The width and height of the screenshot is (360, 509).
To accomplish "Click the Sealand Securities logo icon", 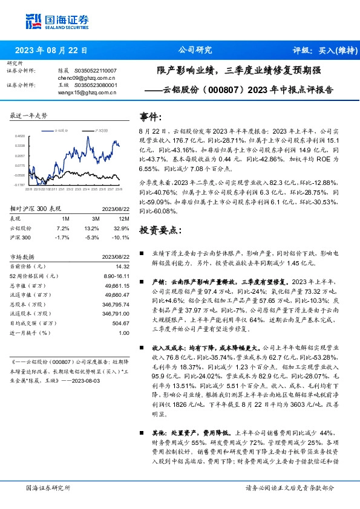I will point(34,20).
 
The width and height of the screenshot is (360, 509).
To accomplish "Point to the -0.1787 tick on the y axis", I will point(20,185).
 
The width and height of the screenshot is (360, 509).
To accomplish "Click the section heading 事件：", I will point(151,116).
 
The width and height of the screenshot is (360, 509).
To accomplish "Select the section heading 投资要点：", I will point(160,231).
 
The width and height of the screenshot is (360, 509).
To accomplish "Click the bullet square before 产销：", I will point(142,282).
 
